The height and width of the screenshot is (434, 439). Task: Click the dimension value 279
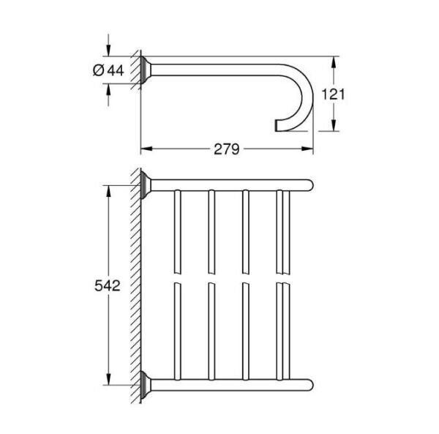point(228,149)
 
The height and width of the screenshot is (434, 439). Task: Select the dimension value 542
point(108,283)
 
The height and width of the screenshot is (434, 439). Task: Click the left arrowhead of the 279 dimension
point(144,149)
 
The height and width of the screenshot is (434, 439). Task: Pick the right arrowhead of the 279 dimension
point(309,149)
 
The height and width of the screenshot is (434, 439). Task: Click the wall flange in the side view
point(146,70)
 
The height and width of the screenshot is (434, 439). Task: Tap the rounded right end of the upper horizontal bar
point(309,182)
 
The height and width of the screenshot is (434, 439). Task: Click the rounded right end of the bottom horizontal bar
point(309,383)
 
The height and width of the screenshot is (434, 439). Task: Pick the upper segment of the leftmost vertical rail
point(176,231)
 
